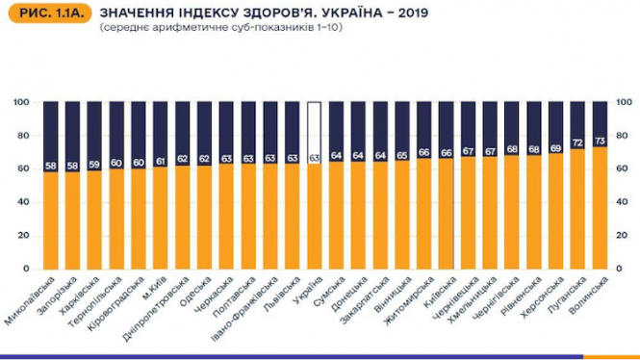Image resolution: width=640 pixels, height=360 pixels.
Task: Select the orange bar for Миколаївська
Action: pyautogui.click(x=50, y=225)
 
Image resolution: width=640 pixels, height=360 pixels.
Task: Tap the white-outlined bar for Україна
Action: pyautogui.click(x=314, y=135)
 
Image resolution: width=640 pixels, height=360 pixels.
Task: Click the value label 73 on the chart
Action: pyautogui.click(x=601, y=141)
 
